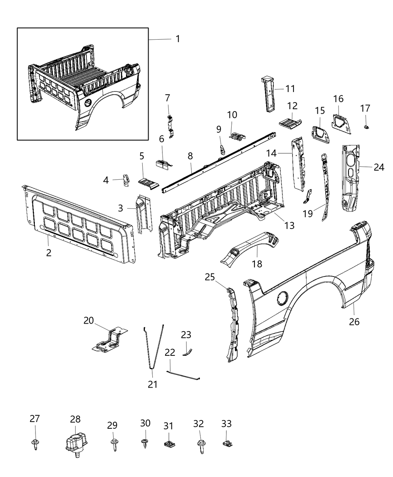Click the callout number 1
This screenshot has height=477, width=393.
tap(178, 39)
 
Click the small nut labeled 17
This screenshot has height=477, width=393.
tap(366, 128)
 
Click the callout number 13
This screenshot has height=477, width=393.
tap(289, 225)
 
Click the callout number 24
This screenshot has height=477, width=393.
tap(379, 167)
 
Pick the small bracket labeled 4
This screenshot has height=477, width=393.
tap(127, 180)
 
